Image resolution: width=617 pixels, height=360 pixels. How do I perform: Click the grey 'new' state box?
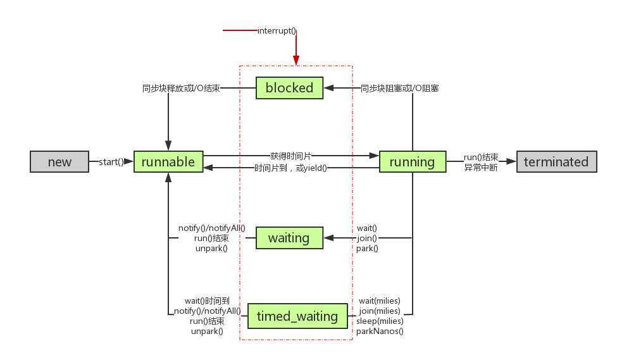(59, 162)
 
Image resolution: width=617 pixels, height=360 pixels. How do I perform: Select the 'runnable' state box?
(168, 162)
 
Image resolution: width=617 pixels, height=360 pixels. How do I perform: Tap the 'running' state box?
(412, 162)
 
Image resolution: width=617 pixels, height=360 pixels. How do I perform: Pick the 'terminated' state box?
(556, 162)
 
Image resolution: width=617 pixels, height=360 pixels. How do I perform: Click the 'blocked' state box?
(289, 88)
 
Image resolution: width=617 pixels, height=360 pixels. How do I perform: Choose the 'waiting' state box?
(289, 238)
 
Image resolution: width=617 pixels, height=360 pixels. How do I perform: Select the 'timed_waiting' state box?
(297, 316)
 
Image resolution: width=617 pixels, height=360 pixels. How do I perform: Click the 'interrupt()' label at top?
(277, 30)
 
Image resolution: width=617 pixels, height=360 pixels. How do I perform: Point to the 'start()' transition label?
(111, 162)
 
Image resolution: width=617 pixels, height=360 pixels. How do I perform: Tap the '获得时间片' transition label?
(290, 156)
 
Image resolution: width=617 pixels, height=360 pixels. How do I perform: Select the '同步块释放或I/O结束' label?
(181, 89)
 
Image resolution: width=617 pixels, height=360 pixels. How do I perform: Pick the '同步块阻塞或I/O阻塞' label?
(399, 89)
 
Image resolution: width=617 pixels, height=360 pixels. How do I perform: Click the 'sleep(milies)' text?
(380, 321)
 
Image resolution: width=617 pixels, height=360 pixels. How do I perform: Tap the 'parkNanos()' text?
(379, 331)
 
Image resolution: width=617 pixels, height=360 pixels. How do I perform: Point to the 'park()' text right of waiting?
(367, 249)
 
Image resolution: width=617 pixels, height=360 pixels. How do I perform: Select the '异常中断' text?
(480, 168)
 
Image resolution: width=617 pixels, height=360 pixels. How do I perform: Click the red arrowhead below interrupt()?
(296, 59)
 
